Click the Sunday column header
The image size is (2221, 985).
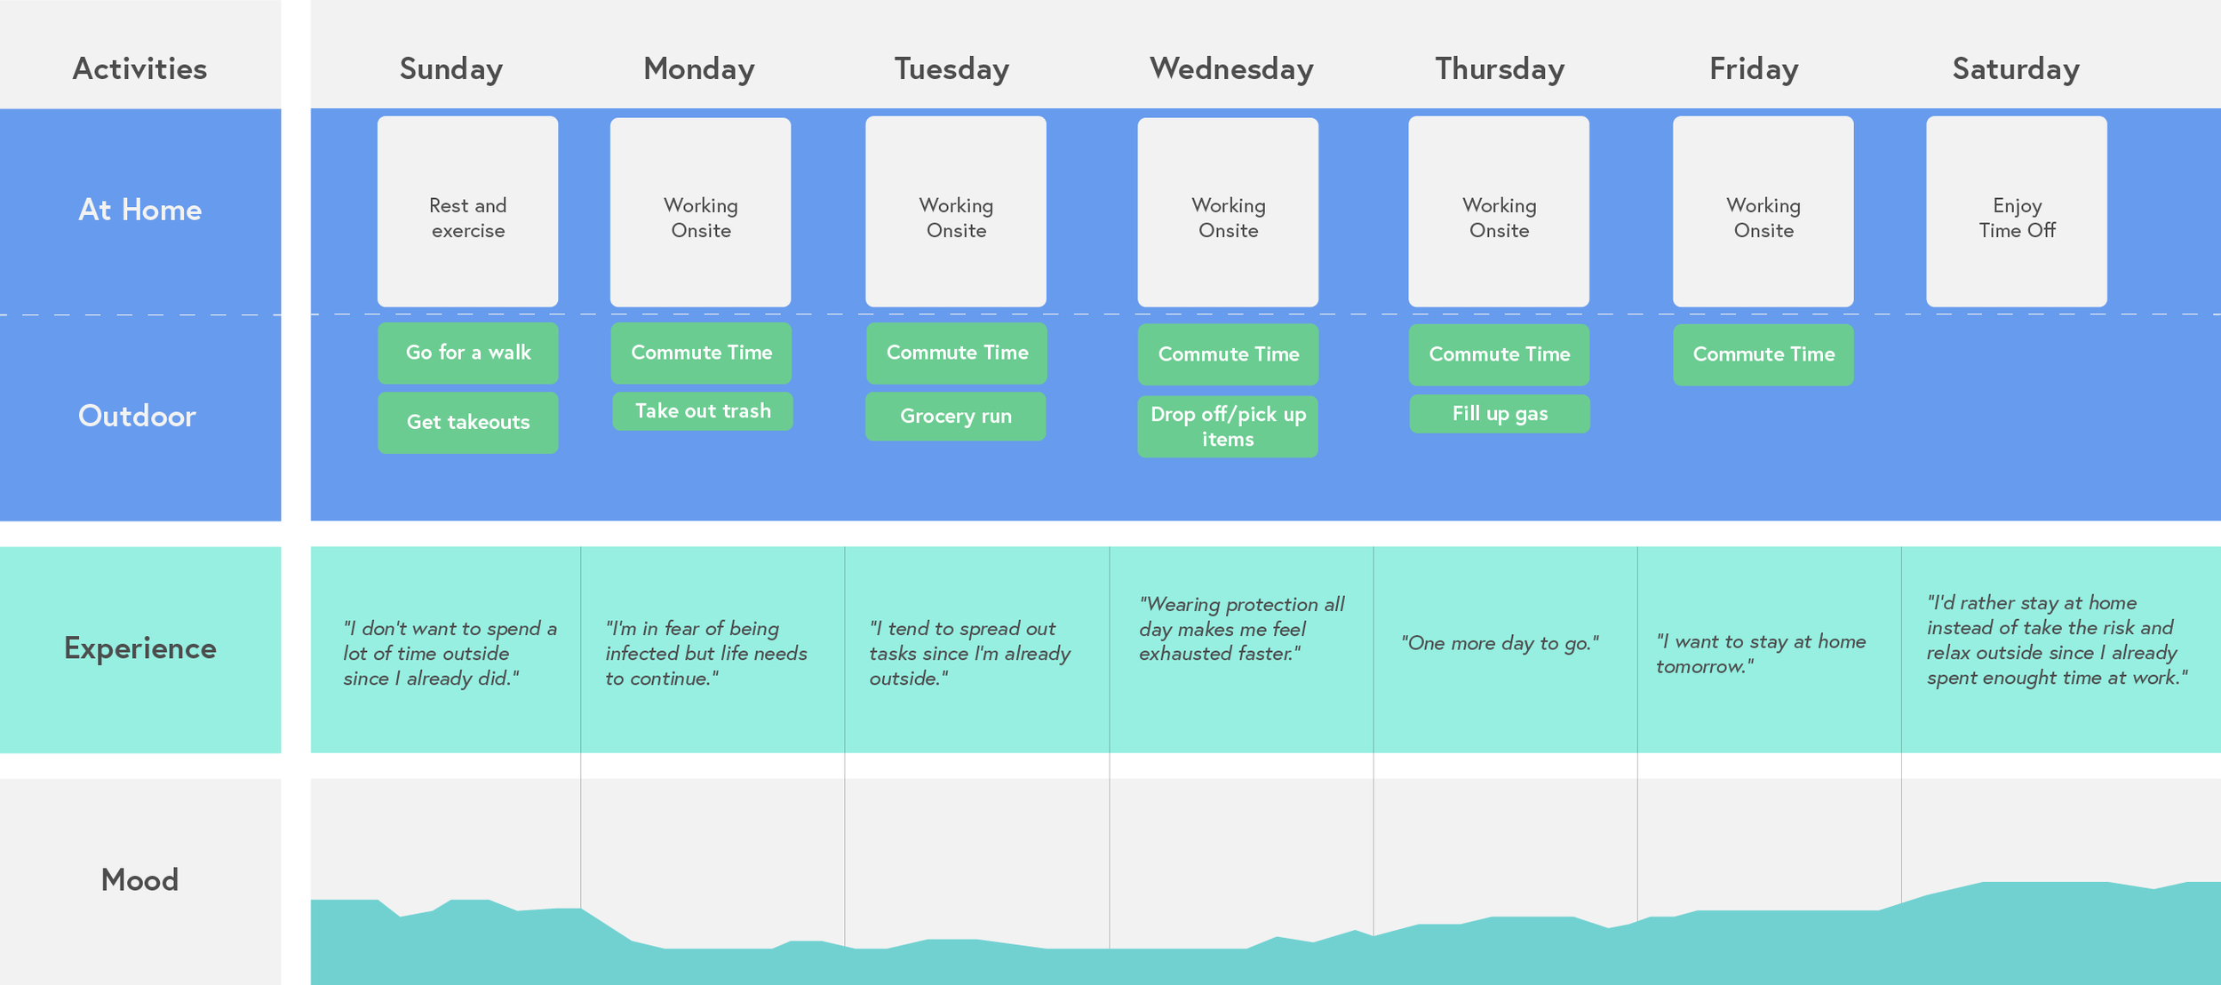coord(450,69)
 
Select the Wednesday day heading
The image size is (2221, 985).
coord(1231,69)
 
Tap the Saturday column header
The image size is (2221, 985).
coord(2015,69)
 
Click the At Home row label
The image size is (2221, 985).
coord(140,210)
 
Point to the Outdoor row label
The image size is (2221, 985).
coord(137,416)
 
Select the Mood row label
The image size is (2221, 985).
coord(139,879)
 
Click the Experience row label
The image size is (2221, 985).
coord(139,648)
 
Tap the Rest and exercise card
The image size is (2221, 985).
coord(467,212)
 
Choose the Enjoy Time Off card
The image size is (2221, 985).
coord(2016,212)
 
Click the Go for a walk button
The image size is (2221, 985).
coord(467,353)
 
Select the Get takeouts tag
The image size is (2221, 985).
coord(467,423)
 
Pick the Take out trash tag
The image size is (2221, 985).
coord(702,411)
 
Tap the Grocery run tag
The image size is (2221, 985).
coord(955,416)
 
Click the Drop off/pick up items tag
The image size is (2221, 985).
coord(1228,426)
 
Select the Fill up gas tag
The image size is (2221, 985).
coord(1499,414)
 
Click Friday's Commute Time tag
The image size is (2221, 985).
coord(1763,354)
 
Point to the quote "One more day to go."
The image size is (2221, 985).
coord(1500,643)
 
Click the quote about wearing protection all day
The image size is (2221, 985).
coord(1241,629)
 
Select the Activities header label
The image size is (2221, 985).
coord(139,69)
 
